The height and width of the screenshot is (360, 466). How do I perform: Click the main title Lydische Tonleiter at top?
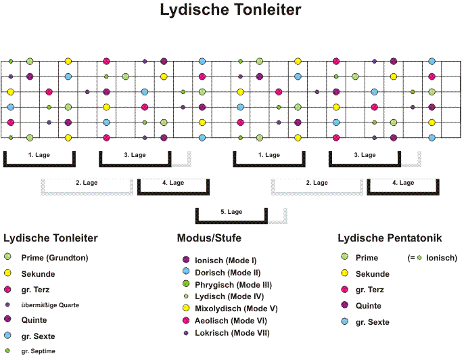tap(231, 9)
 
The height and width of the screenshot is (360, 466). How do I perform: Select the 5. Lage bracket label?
tap(231, 212)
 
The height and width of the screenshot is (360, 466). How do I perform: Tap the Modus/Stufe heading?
tap(209, 238)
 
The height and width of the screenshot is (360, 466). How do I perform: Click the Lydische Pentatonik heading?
tap(390, 238)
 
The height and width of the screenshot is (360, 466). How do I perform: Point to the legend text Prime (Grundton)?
tap(55, 258)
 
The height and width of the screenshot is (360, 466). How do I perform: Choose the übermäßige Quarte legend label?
tap(50, 305)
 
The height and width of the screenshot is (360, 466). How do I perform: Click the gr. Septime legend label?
tap(38, 351)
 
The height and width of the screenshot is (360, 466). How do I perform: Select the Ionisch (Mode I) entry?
tap(226, 261)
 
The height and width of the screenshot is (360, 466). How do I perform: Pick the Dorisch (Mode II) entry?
tap(228, 273)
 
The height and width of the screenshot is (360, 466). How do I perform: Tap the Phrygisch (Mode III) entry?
tap(233, 285)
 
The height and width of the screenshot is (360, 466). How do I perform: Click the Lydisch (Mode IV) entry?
tap(229, 296)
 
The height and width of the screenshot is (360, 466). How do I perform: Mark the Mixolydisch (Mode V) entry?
tap(236, 309)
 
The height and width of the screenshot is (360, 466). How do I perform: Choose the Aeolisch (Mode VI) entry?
tap(231, 321)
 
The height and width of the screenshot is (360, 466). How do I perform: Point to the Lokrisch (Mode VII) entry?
tap(232, 333)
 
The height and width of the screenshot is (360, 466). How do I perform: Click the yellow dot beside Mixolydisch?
tap(186, 308)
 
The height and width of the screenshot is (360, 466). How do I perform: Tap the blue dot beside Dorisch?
tap(186, 271)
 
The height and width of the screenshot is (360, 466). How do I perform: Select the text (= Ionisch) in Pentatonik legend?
tap(432, 258)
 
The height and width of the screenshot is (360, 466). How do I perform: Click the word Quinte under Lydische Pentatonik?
tap(368, 306)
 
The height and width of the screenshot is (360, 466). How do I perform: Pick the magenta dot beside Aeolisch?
tap(186, 320)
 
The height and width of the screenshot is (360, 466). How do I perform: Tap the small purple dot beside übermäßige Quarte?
tap(7, 305)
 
